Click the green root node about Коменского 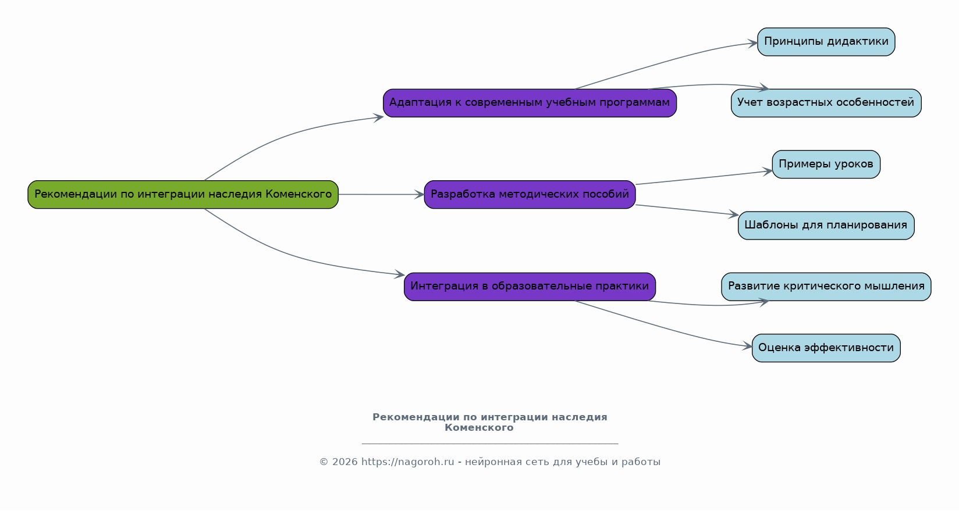pyautogui.click(x=183, y=195)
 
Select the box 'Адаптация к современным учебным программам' pyautogui.click(x=530, y=103)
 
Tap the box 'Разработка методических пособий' pyautogui.click(x=530, y=195)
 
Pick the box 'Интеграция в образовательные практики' pyautogui.click(x=530, y=287)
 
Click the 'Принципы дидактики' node pyautogui.click(x=826, y=42)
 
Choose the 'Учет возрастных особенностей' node pyautogui.click(x=826, y=103)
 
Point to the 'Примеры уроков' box pyautogui.click(x=826, y=164)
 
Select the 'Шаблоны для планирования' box pyautogui.click(x=826, y=226)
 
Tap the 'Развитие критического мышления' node pyautogui.click(x=826, y=287)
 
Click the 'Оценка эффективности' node pyautogui.click(x=826, y=348)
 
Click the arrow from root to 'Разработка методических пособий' pyautogui.click(x=381, y=195)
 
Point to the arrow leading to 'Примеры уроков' pyautogui.click(x=704, y=177)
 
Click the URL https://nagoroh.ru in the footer pyautogui.click(x=407, y=462)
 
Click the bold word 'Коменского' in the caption pyautogui.click(x=479, y=428)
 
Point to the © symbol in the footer pyautogui.click(x=324, y=462)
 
